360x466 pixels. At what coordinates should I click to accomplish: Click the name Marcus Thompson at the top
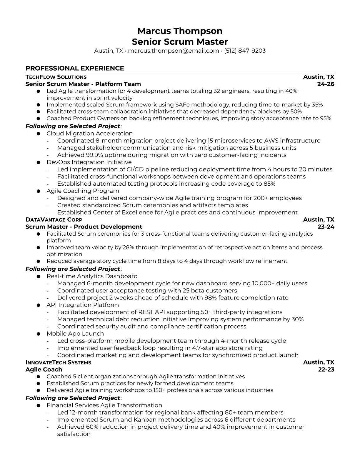click(x=180, y=31)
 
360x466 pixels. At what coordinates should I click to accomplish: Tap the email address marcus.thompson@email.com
click(x=173, y=51)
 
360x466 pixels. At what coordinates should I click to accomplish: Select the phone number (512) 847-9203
click(x=245, y=51)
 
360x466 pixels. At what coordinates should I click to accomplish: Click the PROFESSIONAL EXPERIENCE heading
click(x=75, y=68)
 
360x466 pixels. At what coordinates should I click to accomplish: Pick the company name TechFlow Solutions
click(x=56, y=77)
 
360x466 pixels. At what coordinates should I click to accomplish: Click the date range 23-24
click(x=326, y=227)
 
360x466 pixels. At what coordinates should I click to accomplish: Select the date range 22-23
click(x=326, y=369)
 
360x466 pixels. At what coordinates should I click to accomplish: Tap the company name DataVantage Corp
click(x=54, y=219)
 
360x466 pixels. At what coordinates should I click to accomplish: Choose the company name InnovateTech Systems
click(x=58, y=362)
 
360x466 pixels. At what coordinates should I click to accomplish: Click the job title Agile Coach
click(x=44, y=369)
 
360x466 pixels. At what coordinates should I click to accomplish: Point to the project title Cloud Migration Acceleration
click(x=89, y=133)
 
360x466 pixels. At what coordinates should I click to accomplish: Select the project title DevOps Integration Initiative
click(x=89, y=162)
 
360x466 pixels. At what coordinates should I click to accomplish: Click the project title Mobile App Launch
click(x=75, y=333)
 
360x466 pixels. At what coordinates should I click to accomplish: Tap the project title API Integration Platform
click(x=83, y=305)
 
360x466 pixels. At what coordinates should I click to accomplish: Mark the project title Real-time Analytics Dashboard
click(x=92, y=276)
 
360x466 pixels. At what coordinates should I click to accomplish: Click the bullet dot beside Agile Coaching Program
click(x=38, y=191)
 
